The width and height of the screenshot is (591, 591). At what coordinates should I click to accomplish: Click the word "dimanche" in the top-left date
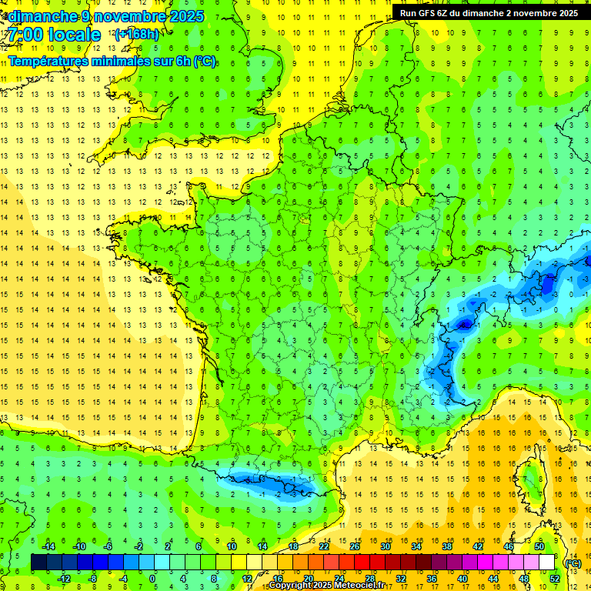click(40, 16)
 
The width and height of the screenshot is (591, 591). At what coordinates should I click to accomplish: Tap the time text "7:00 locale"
click(54, 35)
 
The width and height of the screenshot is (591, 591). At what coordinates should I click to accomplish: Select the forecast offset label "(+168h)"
click(136, 34)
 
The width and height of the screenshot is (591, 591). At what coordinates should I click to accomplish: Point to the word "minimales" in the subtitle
click(122, 61)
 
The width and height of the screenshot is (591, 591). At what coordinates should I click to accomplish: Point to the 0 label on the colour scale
click(152, 578)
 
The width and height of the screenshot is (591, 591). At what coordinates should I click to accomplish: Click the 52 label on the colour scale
click(555, 578)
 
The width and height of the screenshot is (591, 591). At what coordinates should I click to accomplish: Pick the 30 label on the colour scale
click(385, 546)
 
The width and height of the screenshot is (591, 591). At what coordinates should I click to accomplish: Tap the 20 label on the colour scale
click(308, 578)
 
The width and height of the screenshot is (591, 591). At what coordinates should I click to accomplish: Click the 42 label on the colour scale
click(477, 546)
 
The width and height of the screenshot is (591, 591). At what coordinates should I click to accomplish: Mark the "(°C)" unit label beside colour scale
click(573, 563)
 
